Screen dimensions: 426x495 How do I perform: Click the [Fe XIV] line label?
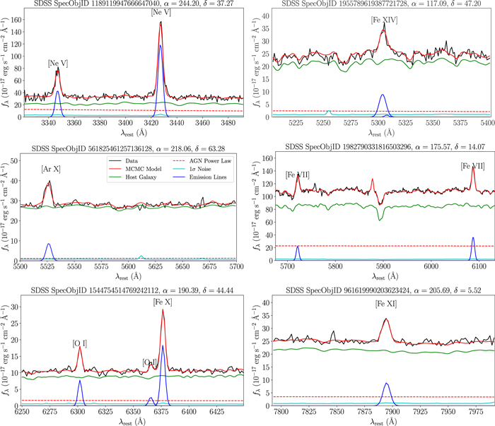click(383, 20)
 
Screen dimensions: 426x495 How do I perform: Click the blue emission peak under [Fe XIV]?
click(383, 95)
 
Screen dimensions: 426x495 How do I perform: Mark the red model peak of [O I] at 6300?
click(80, 347)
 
